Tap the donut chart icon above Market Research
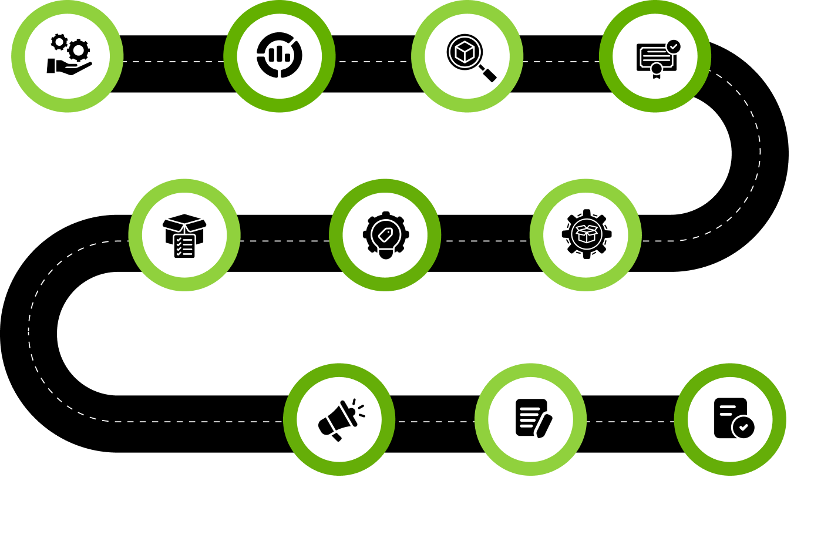tap(280, 56)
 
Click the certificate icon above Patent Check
tap(656, 58)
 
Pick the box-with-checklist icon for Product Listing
tap(184, 236)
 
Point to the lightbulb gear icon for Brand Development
tap(385, 235)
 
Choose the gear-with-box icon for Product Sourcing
tap(586, 234)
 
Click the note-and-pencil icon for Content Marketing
tap(532, 418)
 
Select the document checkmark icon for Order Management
tap(733, 418)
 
